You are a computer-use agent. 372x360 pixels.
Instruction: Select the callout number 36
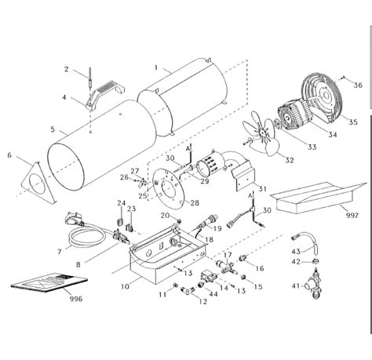[357, 85]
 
